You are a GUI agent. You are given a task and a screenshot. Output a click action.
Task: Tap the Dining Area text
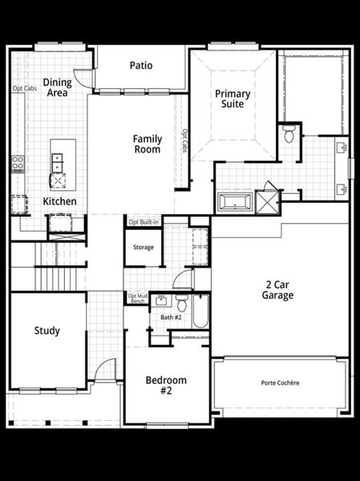click(57, 87)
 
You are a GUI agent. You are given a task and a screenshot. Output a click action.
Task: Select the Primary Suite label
click(233, 99)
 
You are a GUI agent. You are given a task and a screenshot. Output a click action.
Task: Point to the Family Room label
click(147, 144)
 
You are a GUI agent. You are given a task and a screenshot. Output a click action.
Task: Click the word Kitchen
click(60, 201)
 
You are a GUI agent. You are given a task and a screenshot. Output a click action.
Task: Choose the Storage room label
click(144, 248)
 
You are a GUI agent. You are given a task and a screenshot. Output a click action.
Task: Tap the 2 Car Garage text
click(280, 289)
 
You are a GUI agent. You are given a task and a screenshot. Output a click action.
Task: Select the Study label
click(47, 330)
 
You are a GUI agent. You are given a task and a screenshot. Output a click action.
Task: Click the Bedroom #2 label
click(166, 385)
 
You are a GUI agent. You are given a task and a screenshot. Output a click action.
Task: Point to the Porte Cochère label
click(280, 383)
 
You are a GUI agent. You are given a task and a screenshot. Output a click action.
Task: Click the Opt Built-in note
click(144, 221)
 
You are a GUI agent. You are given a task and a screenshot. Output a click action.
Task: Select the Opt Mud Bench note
click(136, 298)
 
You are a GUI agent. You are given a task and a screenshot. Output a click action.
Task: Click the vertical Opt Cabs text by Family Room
click(184, 141)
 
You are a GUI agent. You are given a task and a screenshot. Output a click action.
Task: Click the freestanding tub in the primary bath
click(234, 200)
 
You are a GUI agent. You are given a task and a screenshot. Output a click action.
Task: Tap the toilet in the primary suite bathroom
click(289, 133)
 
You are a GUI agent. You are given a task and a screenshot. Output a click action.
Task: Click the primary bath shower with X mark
click(266, 199)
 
